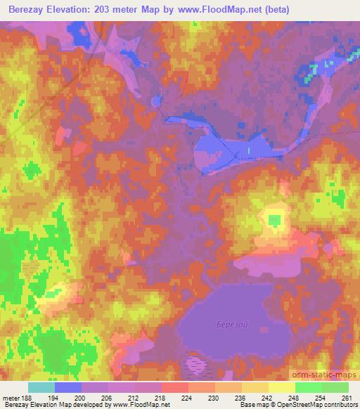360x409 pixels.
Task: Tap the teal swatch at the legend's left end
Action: (41, 387)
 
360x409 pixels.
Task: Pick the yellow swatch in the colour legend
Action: (281, 387)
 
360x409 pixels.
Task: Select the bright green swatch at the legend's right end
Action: (335, 387)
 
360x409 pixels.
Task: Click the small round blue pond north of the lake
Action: (155, 101)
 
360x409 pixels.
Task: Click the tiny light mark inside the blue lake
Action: (248, 150)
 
